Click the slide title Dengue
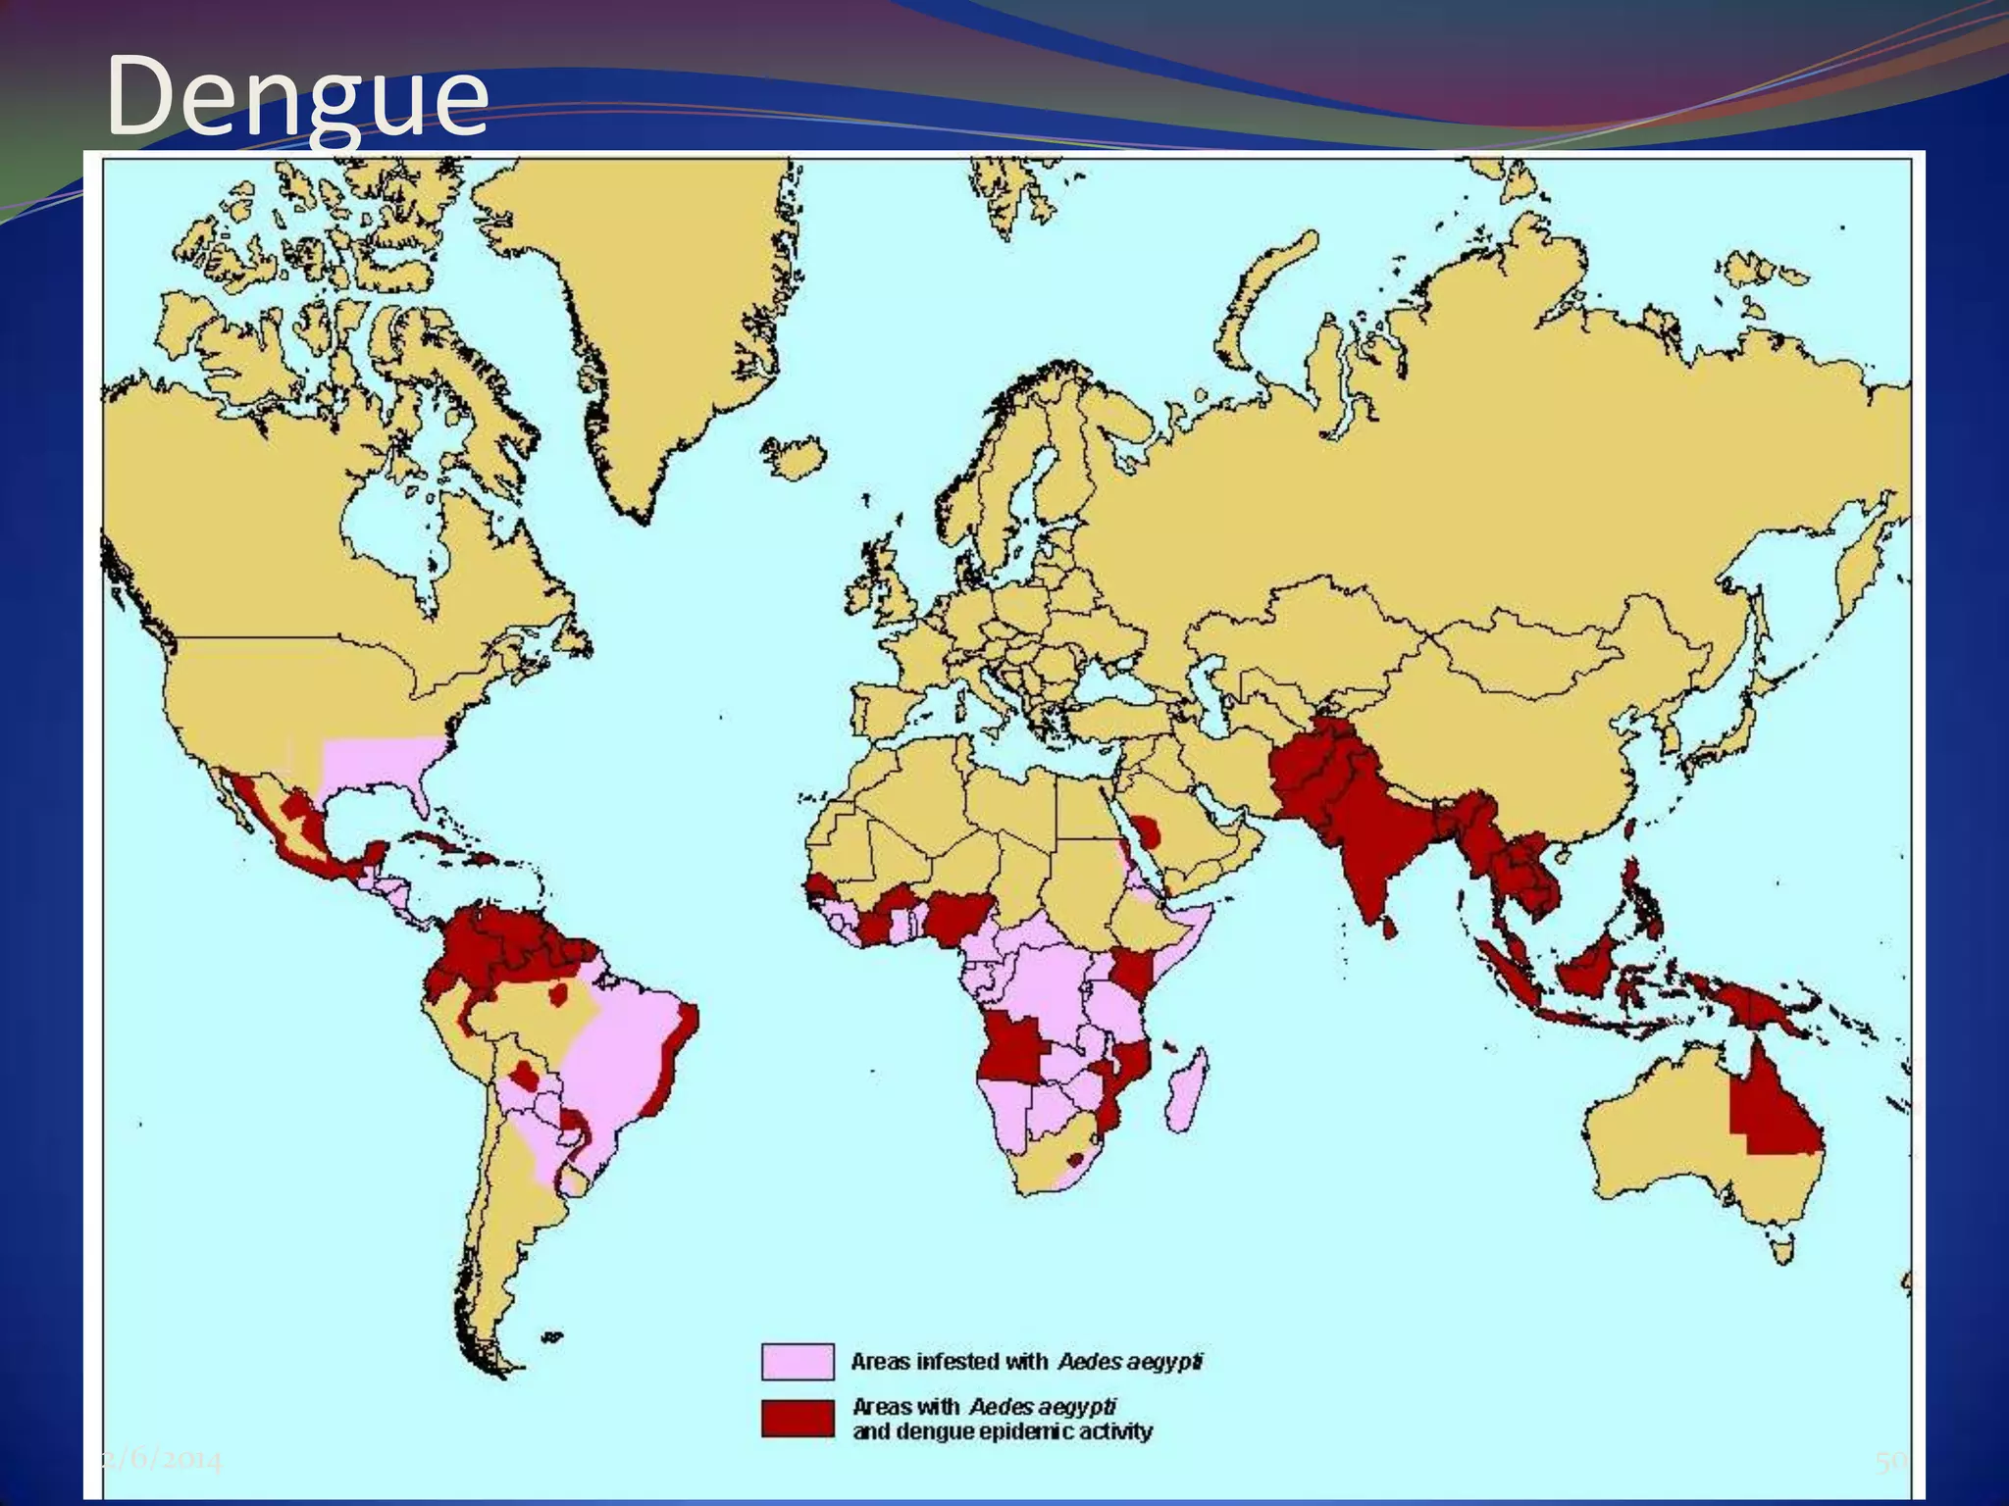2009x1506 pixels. [296, 96]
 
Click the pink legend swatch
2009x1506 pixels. [798, 1362]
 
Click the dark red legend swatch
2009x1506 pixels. [798, 1419]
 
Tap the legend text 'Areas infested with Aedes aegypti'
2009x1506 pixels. [1026, 1362]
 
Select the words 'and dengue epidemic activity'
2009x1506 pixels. [1002, 1431]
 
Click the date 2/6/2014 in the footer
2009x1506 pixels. [162, 1462]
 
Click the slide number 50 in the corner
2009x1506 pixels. [1888, 1462]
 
